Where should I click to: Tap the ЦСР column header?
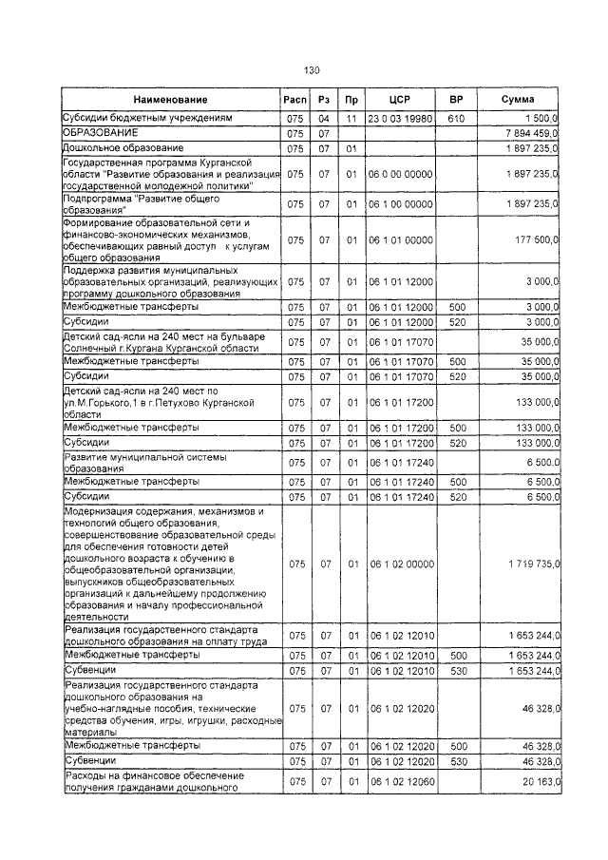(399, 100)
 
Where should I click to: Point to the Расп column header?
(295, 100)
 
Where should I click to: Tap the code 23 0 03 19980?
(400, 119)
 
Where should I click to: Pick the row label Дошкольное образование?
(123, 149)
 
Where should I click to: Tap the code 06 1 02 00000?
(400, 564)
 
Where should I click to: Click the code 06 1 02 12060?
(400, 781)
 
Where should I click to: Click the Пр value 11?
(351, 119)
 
